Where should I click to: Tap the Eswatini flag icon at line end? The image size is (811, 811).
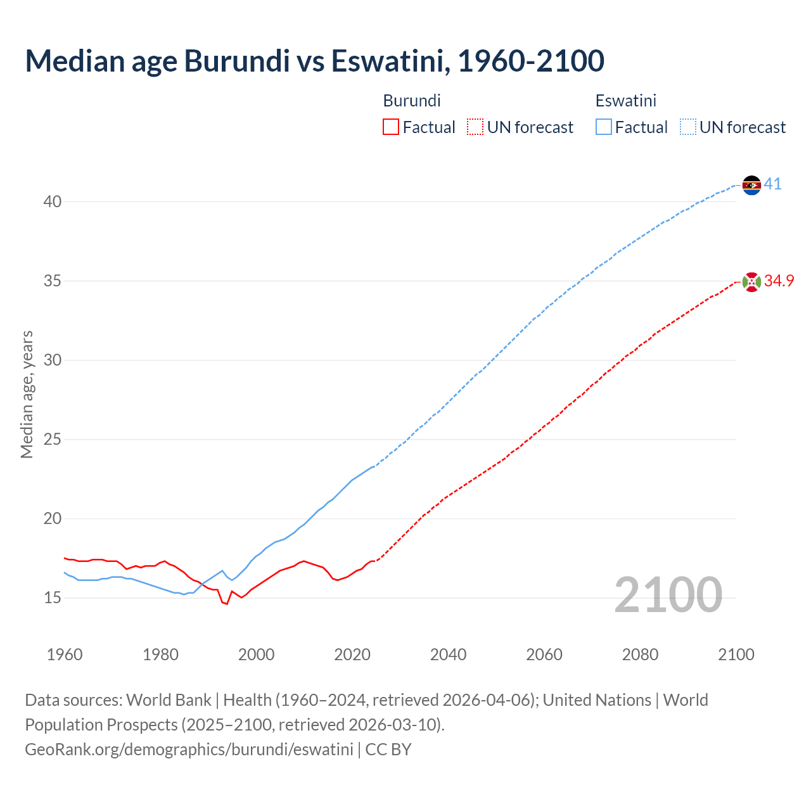coord(751,185)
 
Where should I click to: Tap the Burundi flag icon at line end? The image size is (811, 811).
coord(751,281)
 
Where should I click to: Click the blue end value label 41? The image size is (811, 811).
coord(772,184)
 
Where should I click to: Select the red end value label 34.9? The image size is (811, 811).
coord(779,281)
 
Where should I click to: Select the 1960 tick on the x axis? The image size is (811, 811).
coord(65,655)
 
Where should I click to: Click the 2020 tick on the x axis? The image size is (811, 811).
coord(352,655)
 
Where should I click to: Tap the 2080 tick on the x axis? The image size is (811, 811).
coord(640,655)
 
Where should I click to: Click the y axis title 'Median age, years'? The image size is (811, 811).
coord(27,394)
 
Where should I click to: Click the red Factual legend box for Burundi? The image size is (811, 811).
coord(391,127)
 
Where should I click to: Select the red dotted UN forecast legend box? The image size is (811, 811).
coord(475,127)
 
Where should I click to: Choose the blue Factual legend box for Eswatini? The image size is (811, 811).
coord(604,127)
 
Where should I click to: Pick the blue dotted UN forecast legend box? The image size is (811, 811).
coord(687,127)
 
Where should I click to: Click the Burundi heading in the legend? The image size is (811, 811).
coord(412,101)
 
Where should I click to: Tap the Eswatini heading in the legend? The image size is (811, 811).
coord(625,101)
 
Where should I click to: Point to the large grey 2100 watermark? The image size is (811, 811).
coord(668,595)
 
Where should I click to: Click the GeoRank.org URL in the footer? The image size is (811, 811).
coord(189,750)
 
